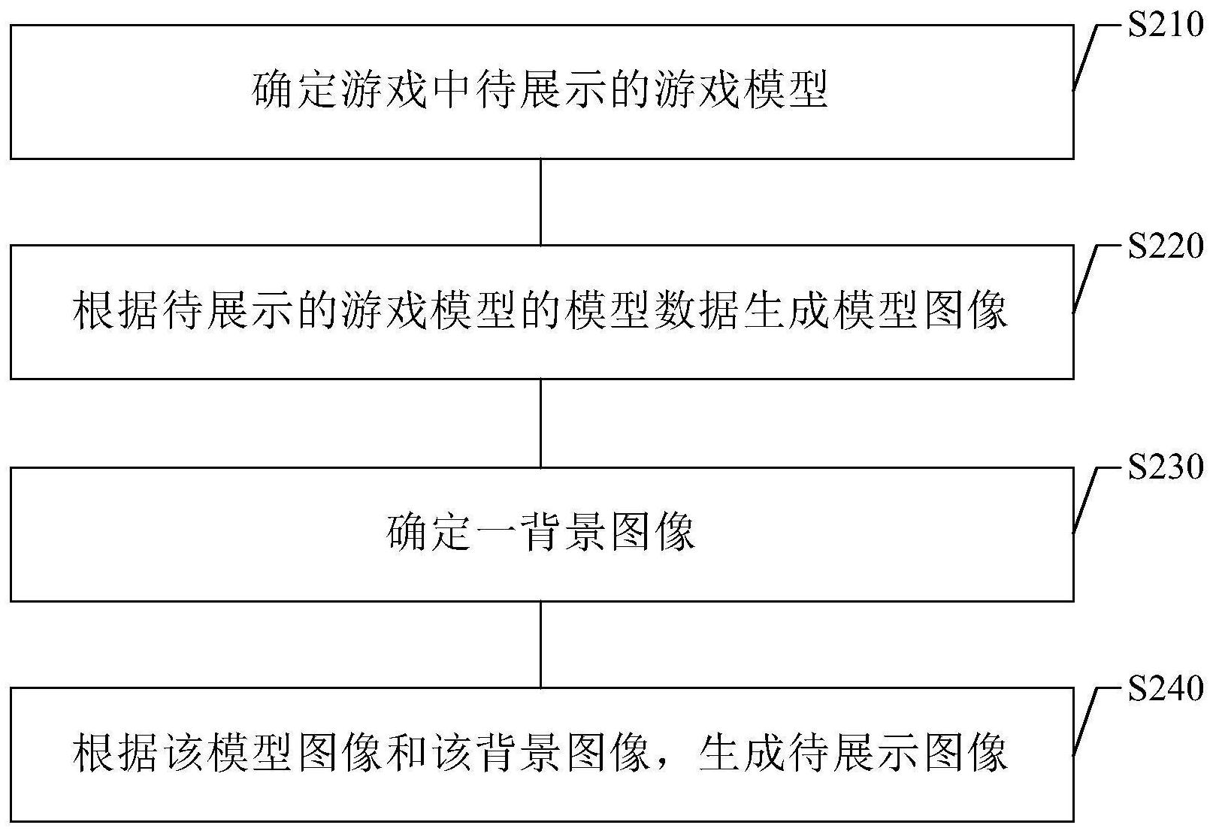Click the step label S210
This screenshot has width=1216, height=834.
[x=1166, y=25]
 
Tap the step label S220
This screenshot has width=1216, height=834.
[x=1166, y=246]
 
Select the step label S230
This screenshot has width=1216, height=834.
[x=1166, y=467]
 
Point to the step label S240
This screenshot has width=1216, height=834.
[x=1166, y=689]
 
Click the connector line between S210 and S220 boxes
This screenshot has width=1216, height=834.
[x=540, y=202]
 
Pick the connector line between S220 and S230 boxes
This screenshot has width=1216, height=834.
[x=540, y=423]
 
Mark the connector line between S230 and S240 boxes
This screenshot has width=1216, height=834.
[x=540, y=645]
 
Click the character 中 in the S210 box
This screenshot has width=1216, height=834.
[x=452, y=90]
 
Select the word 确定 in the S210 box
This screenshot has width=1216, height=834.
[x=296, y=90]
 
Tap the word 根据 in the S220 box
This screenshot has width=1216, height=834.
[x=116, y=312]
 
